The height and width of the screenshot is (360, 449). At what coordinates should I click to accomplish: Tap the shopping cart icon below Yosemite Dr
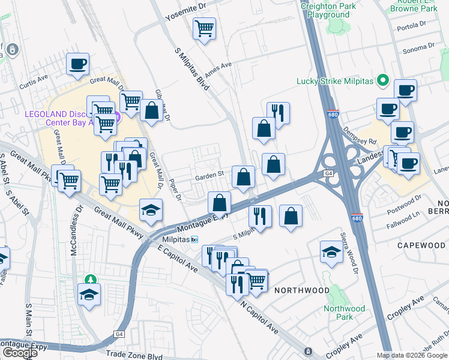click(x=205, y=28)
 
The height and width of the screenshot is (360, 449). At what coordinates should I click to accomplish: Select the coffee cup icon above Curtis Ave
click(x=77, y=64)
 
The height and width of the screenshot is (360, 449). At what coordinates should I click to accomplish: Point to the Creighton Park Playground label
click(x=328, y=10)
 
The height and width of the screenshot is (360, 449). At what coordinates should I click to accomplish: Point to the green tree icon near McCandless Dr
click(x=91, y=279)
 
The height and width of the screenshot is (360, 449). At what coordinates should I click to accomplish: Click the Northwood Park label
click(x=344, y=312)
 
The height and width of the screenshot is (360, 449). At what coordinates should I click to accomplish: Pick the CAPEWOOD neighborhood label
click(x=421, y=245)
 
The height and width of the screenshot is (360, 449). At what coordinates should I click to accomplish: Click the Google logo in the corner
click(x=20, y=353)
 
